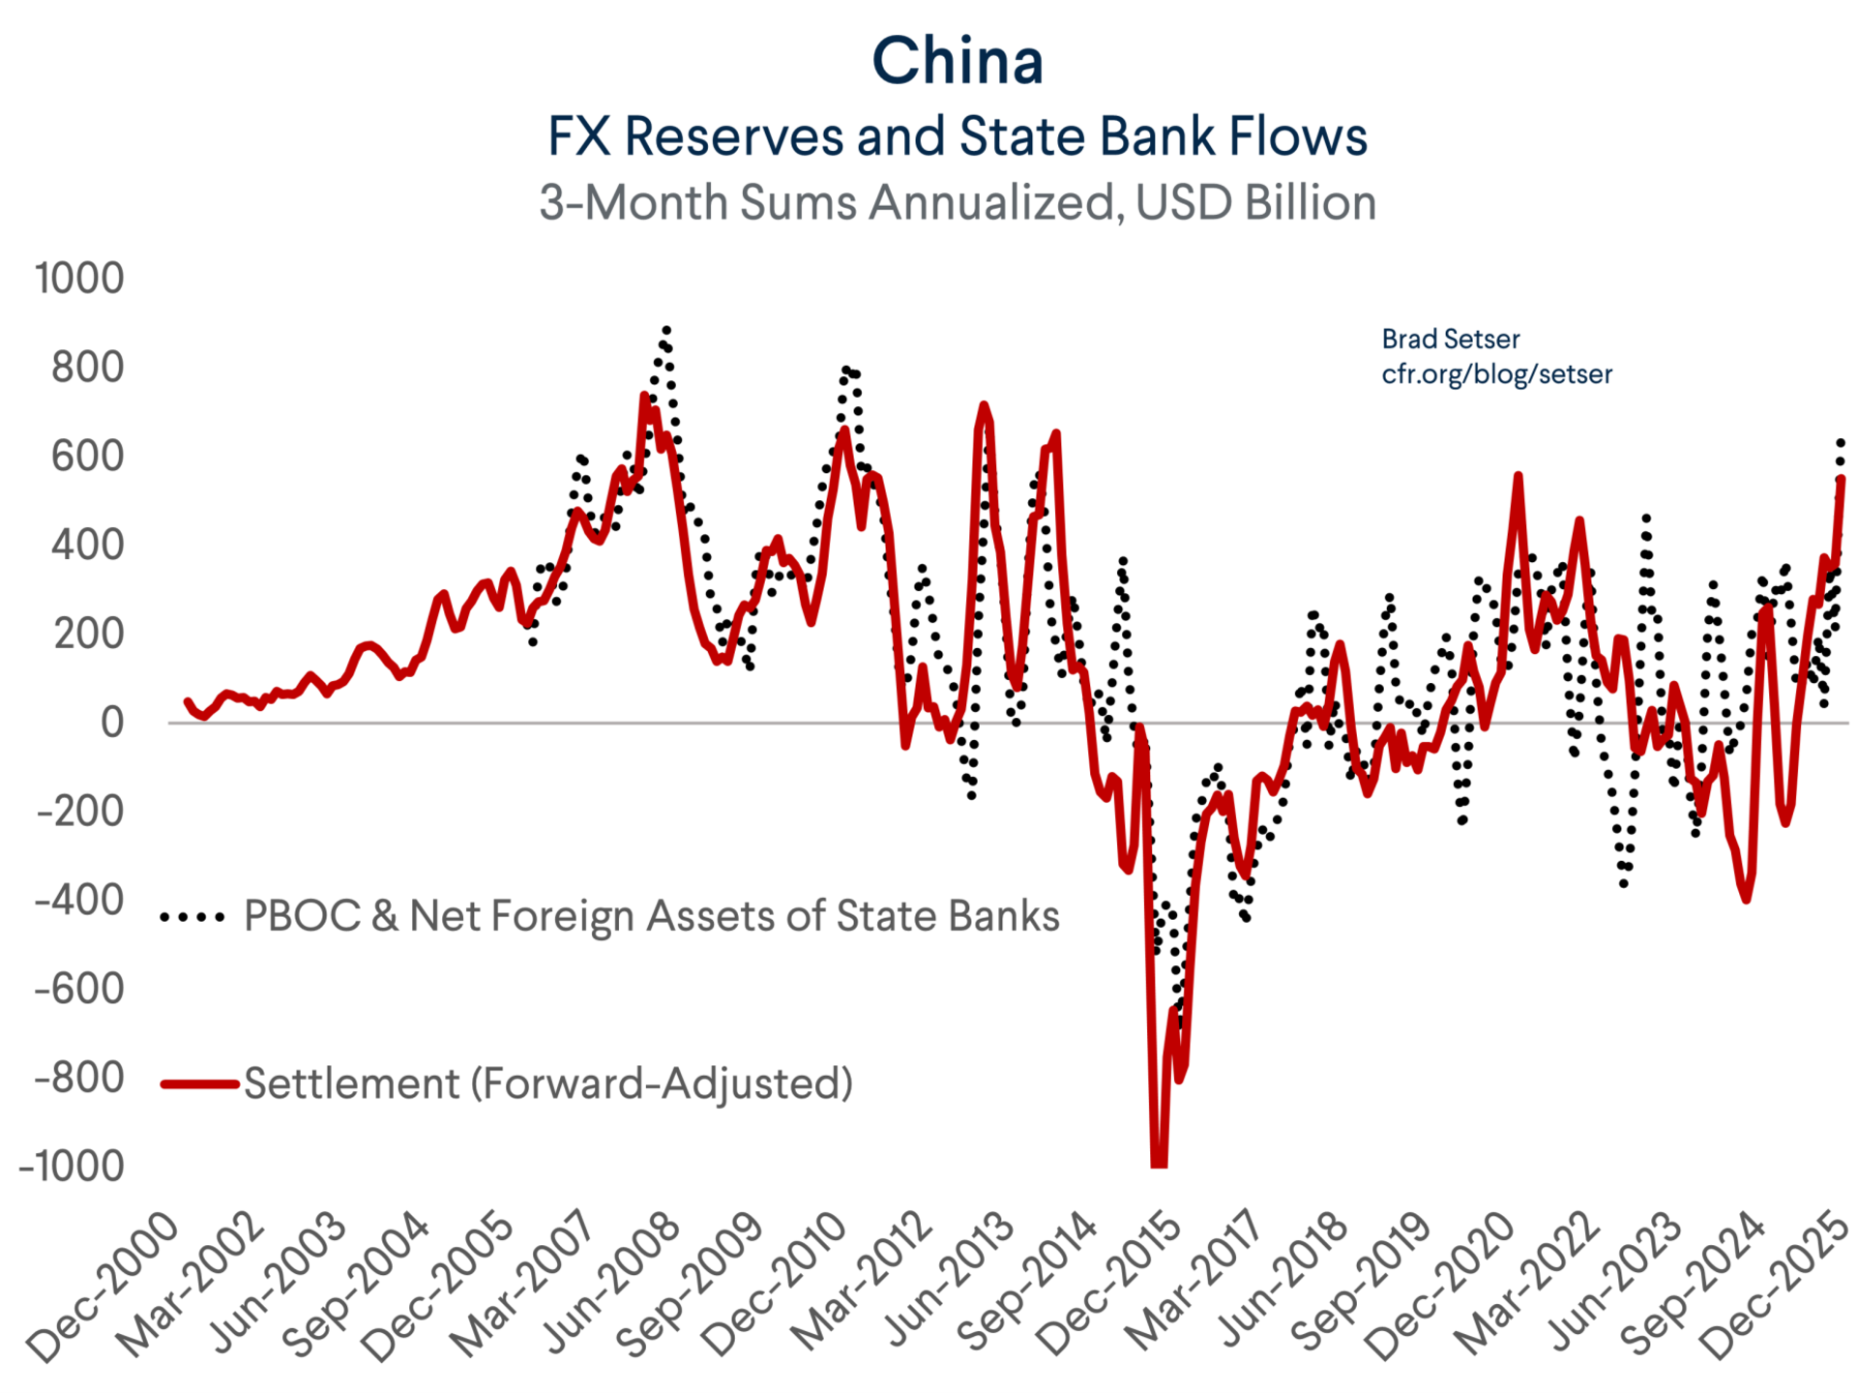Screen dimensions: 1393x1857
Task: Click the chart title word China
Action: coord(957,61)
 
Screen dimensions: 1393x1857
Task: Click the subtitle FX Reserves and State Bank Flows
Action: coord(957,135)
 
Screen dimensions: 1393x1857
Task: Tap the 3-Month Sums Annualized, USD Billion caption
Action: coord(957,203)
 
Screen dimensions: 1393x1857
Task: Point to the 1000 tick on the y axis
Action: coord(79,279)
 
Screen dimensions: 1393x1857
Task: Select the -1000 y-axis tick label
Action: coord(72,1167)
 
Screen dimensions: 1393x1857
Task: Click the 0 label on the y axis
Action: coord(112,723)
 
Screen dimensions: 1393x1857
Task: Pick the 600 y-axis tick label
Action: coord(87,456)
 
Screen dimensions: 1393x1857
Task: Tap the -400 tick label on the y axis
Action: coord(79,901)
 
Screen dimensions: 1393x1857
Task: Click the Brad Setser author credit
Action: coord(1450,339)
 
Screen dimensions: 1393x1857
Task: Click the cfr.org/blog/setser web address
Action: coord(1496,374)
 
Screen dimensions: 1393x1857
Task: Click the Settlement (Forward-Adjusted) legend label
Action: coord(548,1083)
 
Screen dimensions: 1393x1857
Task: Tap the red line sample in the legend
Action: coord(199,1084)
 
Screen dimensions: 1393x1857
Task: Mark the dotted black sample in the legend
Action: coord(193,917)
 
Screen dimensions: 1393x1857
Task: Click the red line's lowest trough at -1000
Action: coord(1158,1163)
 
